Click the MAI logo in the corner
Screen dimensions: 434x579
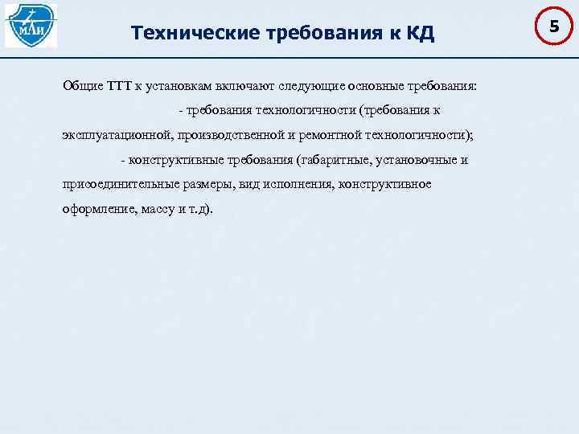click(x=31, y=26)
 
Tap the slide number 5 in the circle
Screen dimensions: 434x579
click(x=553, y=27)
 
